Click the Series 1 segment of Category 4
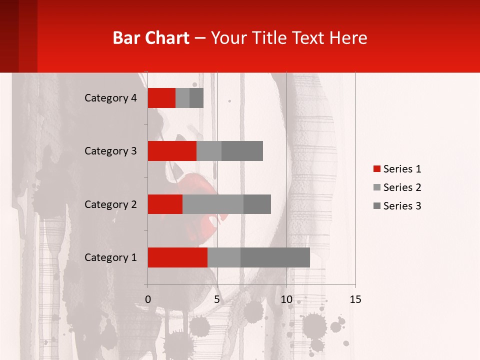click(x=161, y=98)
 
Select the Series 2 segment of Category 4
click(x=182, y=98)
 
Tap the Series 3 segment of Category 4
click(x=196, y=98)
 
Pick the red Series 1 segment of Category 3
click(x=172, y=151)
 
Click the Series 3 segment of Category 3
click(x=242, y=151)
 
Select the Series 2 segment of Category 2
click(x=213, y=204)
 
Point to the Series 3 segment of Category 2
click(x=257, y=204)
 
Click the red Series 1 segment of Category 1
click(x=177, y=257)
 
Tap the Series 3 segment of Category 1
click(x=275, y=257)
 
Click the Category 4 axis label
click(x=110, y=98)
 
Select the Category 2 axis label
click(x=110, y=204)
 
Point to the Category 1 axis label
click(x=110, y=257)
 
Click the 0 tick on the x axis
click(x=148, y=299)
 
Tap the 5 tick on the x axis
click(x=217, y=299)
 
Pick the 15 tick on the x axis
click(x=355, y=299)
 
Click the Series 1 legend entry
click(x=397, y=169)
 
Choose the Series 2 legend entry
click(x=397, y=187)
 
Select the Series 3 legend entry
click(x=397, y=206)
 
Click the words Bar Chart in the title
click(x=151, y=38)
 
